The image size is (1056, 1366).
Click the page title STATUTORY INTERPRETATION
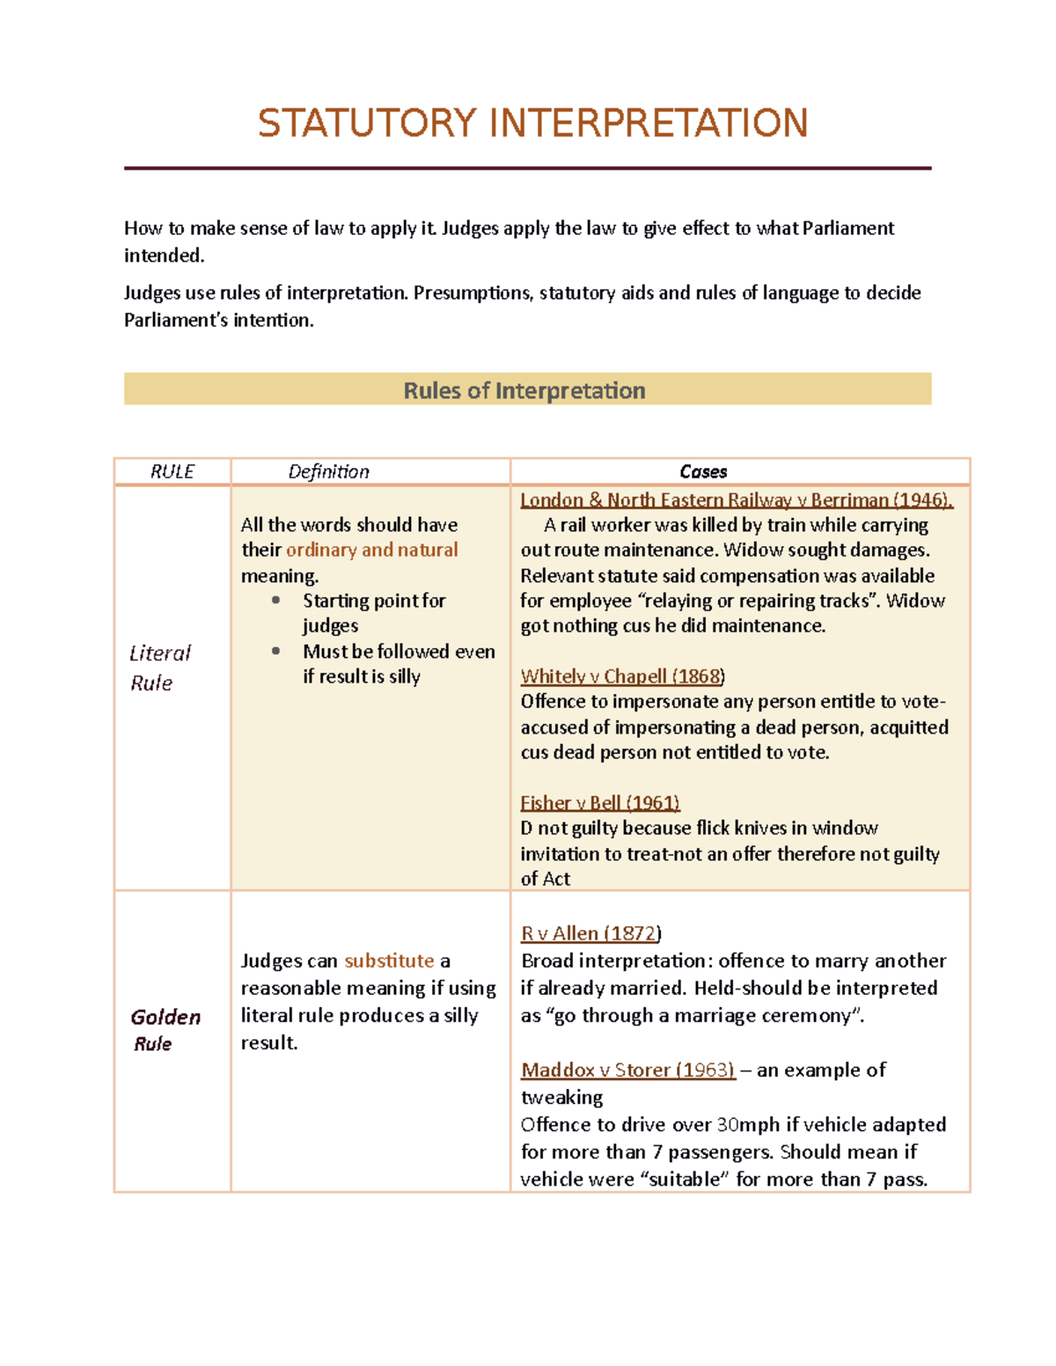pos(532,123)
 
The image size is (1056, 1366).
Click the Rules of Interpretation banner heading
pos(524,391)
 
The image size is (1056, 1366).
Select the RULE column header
pos(172,471)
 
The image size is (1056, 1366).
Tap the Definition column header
pos(328,471)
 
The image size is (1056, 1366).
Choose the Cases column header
pos(703,471)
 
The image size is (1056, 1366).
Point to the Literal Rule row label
pos(159,668)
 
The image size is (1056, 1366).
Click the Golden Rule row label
pos(165,1030)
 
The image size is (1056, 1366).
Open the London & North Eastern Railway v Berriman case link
pos(736,500)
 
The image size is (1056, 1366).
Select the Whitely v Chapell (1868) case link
pos(622,676)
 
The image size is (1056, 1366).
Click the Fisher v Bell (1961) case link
pos(599,802)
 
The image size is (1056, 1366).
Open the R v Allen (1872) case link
pos(590,933)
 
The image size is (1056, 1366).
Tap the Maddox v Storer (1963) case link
pos(627,1070)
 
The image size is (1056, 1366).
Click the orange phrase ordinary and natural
pos(371,550)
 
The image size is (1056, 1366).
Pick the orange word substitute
pos(389,961)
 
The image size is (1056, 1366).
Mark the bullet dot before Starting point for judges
pos(276,600)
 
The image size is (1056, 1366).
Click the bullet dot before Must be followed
pos(276,651)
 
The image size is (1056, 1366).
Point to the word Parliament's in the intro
pos(172,320)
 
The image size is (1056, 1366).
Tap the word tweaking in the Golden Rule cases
pos(561,1097)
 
